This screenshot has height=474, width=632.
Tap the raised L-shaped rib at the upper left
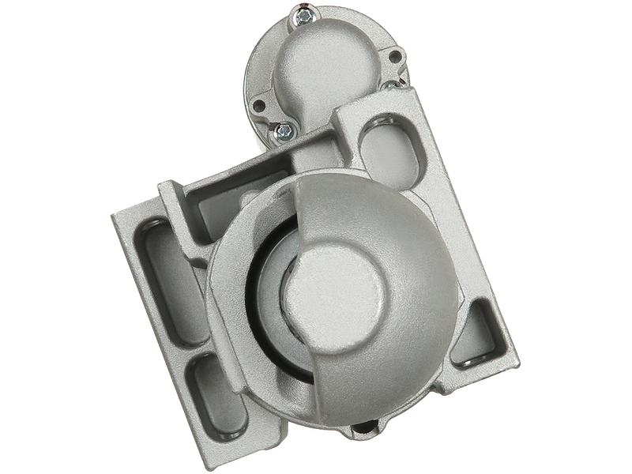tap(170, 194)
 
